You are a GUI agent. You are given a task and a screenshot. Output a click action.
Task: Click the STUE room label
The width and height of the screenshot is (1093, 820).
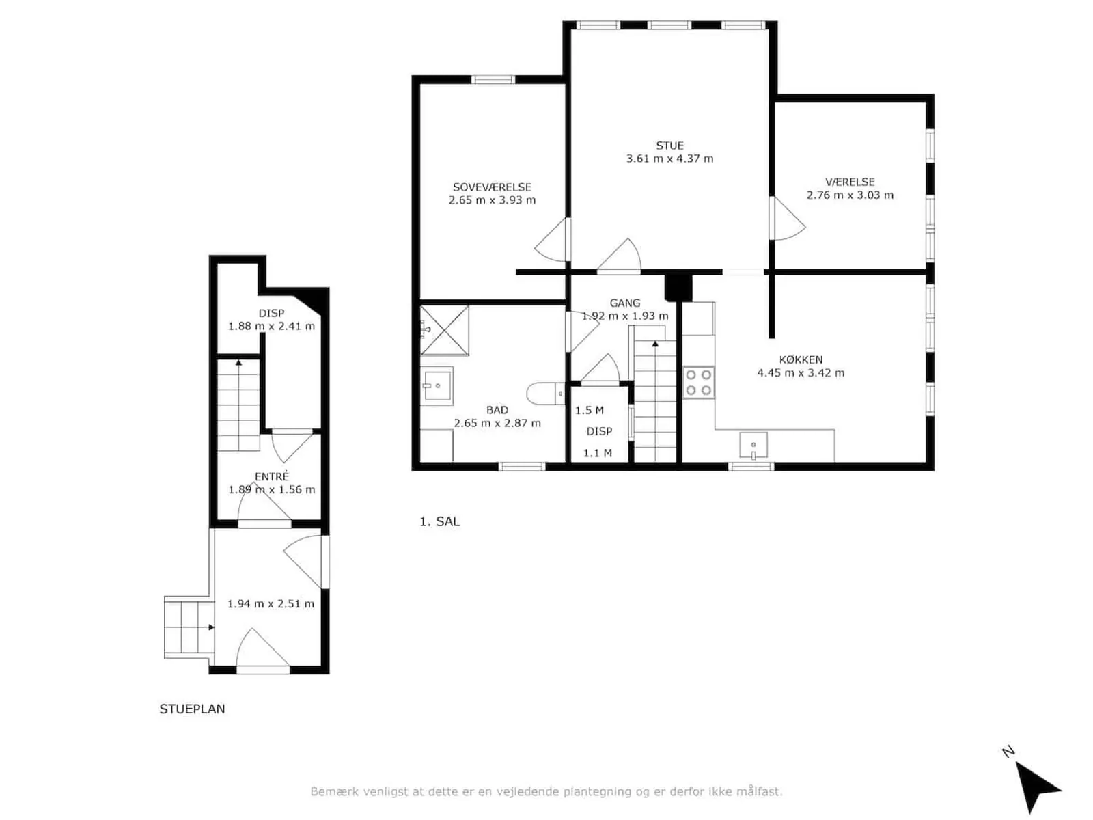(669, 146)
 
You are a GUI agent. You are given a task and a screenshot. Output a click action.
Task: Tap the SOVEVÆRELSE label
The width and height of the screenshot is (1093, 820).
(491, 187)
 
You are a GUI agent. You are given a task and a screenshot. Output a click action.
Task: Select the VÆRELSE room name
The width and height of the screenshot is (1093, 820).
(850, 182)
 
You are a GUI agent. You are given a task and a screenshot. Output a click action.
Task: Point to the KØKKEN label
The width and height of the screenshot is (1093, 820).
(800, 359)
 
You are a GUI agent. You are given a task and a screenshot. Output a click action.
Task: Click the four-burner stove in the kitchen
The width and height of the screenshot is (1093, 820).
(698, 382)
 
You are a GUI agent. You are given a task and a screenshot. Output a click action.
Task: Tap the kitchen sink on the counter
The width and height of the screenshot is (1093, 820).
(753, 445)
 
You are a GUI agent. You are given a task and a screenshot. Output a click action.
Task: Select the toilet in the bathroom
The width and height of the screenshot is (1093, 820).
(545, 394)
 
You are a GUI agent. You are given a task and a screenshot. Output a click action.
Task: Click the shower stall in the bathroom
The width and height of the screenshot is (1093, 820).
(444, 330)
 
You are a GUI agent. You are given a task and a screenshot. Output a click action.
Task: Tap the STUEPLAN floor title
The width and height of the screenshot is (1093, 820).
(192, 709)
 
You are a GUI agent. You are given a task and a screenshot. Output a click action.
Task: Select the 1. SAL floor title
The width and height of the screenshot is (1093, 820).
(439, 521)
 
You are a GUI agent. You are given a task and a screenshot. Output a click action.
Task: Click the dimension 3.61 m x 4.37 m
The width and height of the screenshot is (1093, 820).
(669, 159)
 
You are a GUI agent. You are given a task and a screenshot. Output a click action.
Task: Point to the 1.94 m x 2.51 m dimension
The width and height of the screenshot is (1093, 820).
(271, 603)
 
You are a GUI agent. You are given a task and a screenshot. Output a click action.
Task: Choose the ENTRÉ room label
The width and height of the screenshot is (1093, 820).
(271, 476)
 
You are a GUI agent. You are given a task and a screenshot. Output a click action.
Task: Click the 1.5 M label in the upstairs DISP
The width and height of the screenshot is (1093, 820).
(589, 410)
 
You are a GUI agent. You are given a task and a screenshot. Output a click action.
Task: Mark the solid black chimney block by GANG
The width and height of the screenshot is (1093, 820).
(678, 288)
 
